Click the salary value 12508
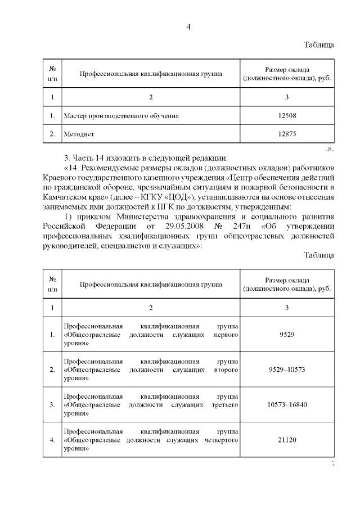[287, 116]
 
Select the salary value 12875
[287, 134]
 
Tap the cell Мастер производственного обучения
[121, 116]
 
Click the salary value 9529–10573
[287, 370]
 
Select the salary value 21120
[287, 439]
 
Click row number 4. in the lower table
[52, 440]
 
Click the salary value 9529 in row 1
[287, 335]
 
